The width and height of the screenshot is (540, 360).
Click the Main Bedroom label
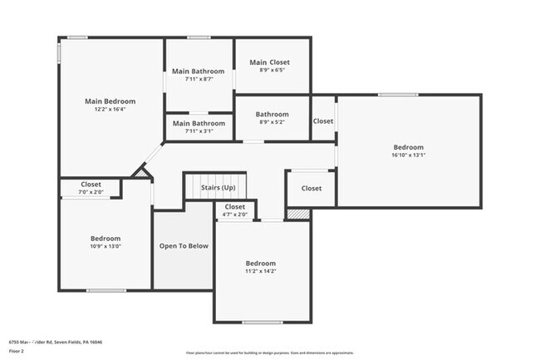pyautogui.click(x=110, y=101)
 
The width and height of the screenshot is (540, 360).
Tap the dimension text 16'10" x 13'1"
pyautogui.click(x=408, y=155)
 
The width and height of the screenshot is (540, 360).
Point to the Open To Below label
pyautogui.click(x=184, y=246)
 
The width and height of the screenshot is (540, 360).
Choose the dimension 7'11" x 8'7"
pyautogui.click(x=199, y=80)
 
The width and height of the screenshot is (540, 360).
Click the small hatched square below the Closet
pyautogui.click(x=297, y=214)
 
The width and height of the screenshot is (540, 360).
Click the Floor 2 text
pyautogui.click(x=17, y=350)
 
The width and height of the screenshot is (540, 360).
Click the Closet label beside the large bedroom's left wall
pyautogui.click(x=323, y=121)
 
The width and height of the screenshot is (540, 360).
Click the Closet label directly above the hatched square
pyautogui.click(x=311, y=189)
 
